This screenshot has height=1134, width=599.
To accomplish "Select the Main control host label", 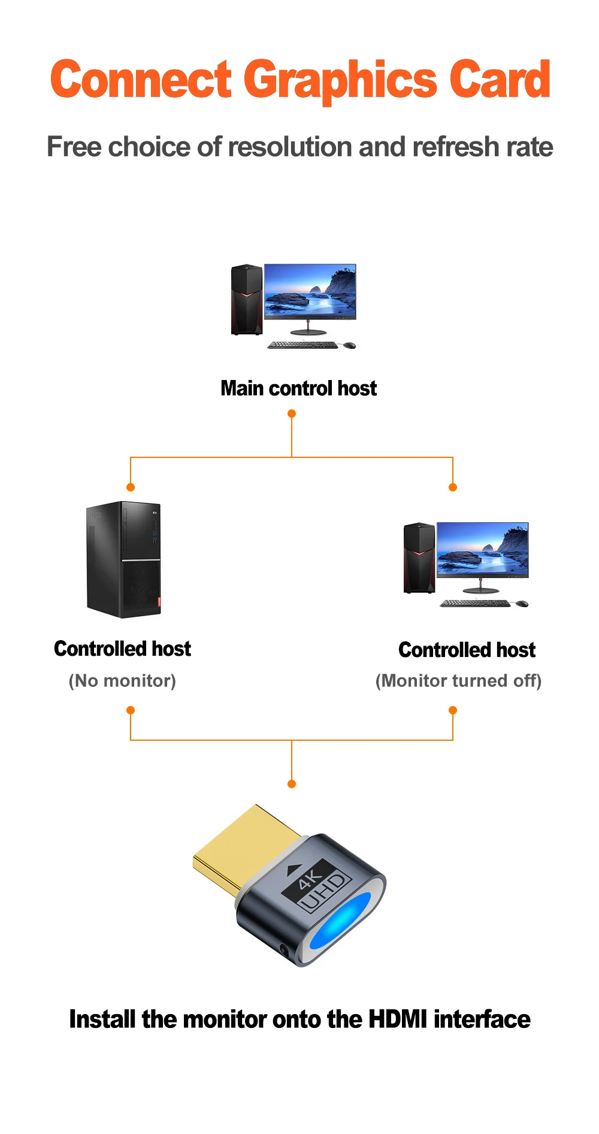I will coord(298,388).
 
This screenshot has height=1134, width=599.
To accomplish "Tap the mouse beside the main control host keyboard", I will coord(349,345).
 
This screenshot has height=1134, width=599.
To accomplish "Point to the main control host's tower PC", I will coord(246,300).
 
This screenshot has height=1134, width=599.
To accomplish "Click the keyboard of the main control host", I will coord(302,345).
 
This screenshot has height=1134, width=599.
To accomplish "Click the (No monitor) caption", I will coord(122,681).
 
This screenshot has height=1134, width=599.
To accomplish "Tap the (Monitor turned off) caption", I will coord(458,681).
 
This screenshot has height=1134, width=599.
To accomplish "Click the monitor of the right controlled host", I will coord(482,550).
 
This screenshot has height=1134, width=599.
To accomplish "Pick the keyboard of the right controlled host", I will coord(475,603).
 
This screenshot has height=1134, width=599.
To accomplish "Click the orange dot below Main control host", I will coord(292,414).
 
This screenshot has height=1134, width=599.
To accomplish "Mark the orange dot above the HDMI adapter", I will coord(292,784).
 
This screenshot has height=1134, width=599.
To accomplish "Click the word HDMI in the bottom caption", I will coord(398,1020).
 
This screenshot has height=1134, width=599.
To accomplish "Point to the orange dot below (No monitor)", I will coord(131,710).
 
